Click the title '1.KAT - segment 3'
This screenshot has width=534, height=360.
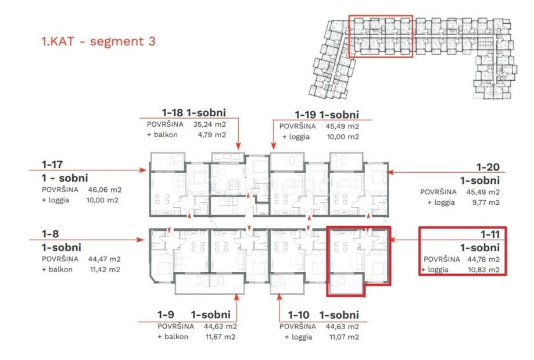(x=98, y=41)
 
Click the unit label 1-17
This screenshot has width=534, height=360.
(x=52, y=165)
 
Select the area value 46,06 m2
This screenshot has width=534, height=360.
(x=105, y=190)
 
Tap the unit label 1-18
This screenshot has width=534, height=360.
(x=172, y=112)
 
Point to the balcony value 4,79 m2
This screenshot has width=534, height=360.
(x=212, y=135)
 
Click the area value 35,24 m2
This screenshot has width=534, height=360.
(x=209, y=124)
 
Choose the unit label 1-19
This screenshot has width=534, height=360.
(x=305, y=115)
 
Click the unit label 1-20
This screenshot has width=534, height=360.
(x=488, y=167)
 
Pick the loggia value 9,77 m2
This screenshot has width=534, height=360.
(x=486, y=202)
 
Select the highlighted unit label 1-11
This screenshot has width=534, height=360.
(x=490, y=234)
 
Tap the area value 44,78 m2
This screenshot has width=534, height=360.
(x=483, y=259)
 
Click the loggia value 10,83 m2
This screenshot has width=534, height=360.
(x=483, y=270)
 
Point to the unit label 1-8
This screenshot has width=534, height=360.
(x=50, y=234)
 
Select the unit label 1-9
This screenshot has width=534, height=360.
(x=166, y=315)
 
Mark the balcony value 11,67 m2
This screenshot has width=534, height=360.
(x=220, y=337)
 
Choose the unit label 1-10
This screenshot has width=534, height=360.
(x=298, y=315)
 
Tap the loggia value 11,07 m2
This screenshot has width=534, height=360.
(x=344, y=337)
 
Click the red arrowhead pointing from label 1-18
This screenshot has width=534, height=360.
(x=238, y=146)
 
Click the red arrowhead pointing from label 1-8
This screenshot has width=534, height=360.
(x=141, y=240)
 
